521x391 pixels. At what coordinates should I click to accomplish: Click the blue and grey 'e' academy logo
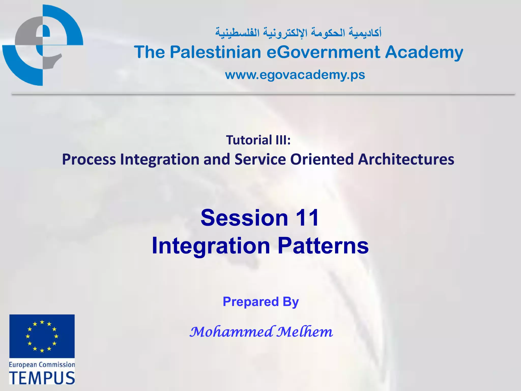[x=42, y=45]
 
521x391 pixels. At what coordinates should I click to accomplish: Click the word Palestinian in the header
[x=215, y=52]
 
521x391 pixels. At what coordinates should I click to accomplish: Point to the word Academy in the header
[x=424, y=52]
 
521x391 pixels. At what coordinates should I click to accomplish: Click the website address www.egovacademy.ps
[x=295, y=75]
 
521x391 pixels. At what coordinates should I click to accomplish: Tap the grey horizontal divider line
[x=263, y=94]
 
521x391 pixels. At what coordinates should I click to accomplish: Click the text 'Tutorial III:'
[x=258, y=140]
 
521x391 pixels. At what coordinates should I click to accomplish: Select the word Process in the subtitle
[x=89, y=160]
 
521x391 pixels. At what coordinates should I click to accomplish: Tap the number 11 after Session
[x=307, y=218]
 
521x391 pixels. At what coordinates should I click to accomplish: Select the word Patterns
[x=323, y=246]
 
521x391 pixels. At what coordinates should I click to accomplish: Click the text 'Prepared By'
[x=261, y=302]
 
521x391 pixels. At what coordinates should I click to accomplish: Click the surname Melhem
[x=305, y=332]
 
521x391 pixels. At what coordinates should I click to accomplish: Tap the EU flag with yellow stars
[x=42, y=336]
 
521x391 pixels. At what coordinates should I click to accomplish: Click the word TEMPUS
[x=42, y=378]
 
